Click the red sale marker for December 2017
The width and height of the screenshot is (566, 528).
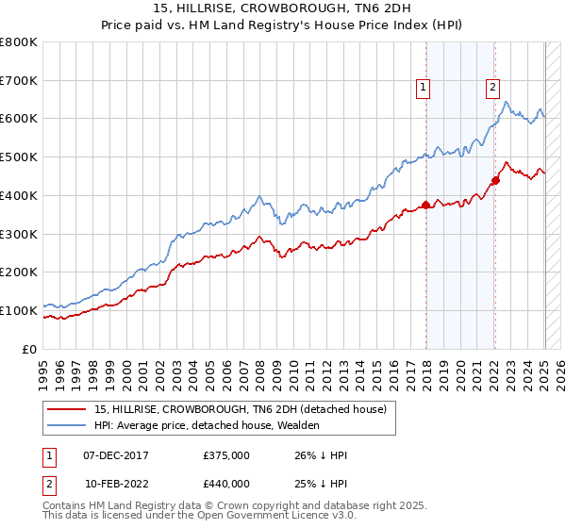point(425,204)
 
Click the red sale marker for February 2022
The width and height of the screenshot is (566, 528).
point(495,179)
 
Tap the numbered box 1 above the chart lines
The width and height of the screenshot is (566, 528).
point(424,88)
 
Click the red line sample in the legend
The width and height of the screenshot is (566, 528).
point(67,409)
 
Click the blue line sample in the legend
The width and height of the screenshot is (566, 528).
point(67,425)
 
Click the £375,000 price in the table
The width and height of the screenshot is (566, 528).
point(226,455)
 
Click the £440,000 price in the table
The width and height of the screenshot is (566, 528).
point(226,483)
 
